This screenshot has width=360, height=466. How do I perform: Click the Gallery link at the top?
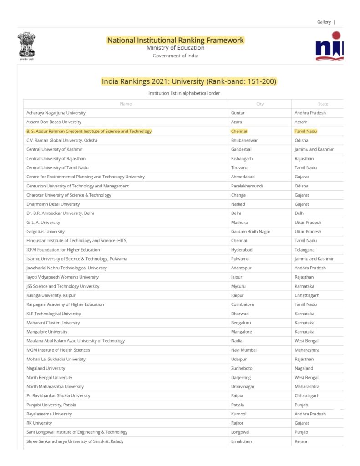pos(324,22)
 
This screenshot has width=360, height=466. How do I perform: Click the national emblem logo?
pos(26,46)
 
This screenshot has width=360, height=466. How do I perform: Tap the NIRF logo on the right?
pos(330,46)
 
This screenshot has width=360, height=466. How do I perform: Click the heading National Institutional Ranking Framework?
pos(175,40)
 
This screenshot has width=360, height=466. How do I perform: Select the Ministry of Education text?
pos(175,48)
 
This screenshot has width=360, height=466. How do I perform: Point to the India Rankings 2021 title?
pos(189,81)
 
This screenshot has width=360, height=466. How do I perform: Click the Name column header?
pos(126,104)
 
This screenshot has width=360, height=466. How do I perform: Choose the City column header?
pos(260,104)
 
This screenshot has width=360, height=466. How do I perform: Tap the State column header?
pos(323,104)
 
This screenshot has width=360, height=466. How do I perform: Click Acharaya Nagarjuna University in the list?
pos(56,113)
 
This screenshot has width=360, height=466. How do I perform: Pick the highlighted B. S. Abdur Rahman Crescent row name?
pos(89,131)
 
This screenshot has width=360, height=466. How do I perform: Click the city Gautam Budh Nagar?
pos(251,232)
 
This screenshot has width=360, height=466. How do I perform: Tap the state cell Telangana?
pos(304,250)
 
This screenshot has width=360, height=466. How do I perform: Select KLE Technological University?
pos(54,314)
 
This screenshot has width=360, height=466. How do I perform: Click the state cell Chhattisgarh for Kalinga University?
pos(307,295)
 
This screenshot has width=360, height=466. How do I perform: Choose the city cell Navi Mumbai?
pos(243,350)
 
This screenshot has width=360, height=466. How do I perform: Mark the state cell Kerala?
pos(301,441)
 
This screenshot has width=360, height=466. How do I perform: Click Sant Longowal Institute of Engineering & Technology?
pos(77,432)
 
